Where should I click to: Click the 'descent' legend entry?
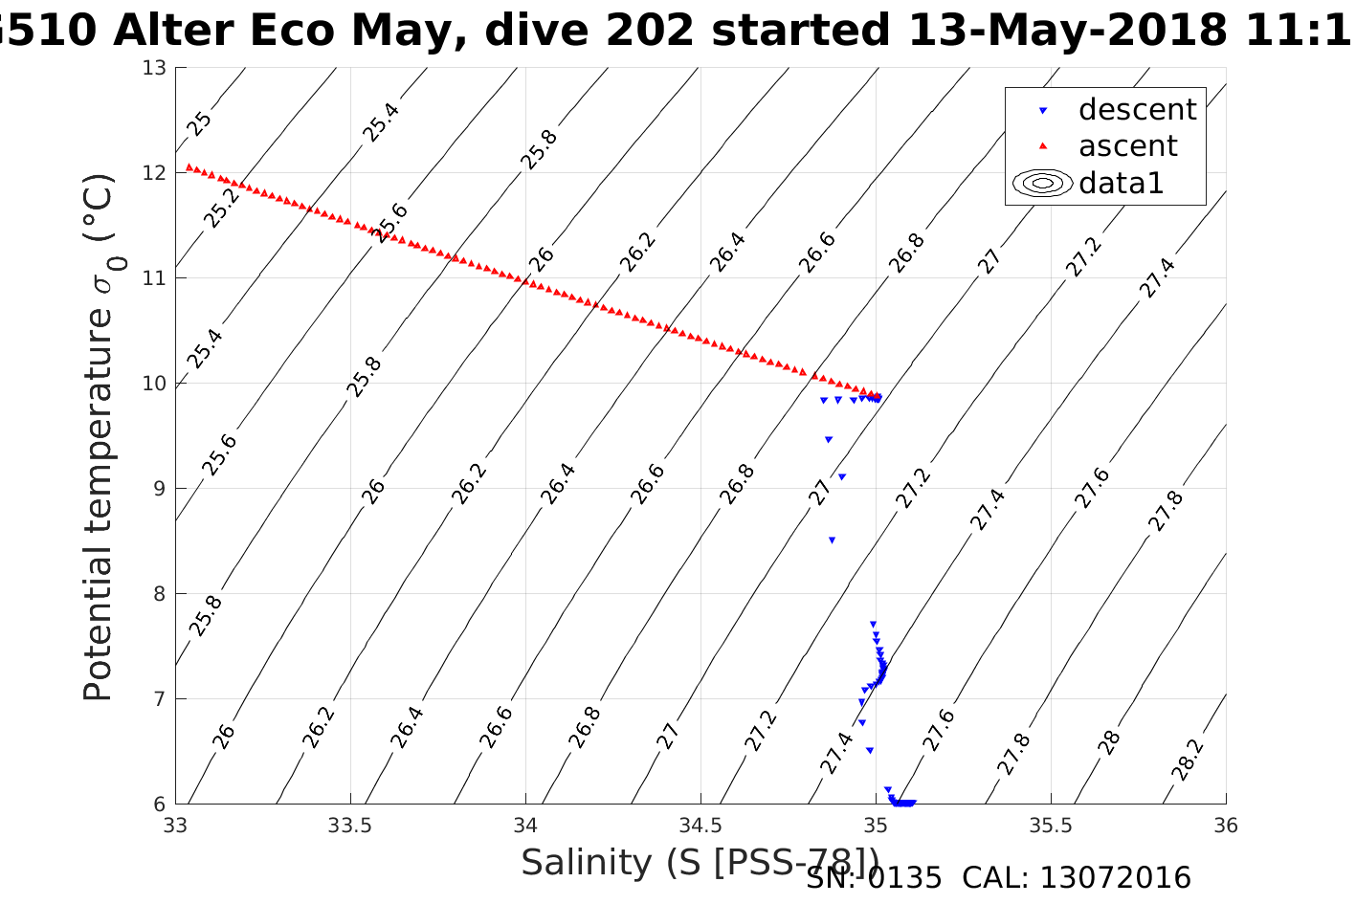(1137, 110)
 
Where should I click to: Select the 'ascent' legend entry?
(1127, 146)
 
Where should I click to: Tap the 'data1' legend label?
(1121, 183)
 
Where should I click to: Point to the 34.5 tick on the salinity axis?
(700, 826)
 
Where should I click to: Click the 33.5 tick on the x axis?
(350, 826)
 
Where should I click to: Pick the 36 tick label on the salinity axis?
(1225, 826)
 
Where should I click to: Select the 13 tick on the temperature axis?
(154, 68)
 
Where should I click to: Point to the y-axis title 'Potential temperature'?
(99, 437)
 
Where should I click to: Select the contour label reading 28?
(1109, 741)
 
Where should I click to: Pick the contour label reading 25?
(199, 123)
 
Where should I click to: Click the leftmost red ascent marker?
(189, 166)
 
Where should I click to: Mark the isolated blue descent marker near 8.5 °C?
(832, 540)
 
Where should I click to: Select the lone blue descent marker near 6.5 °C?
(869, 751)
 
